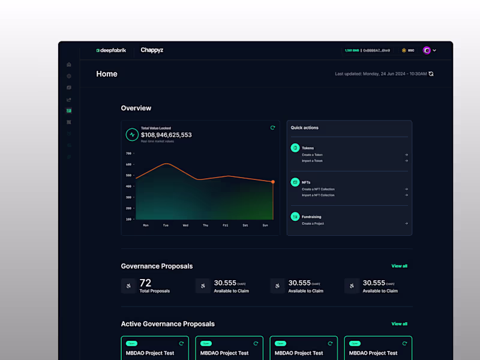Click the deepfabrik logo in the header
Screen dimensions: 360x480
pyautogui.click(x=111, y=50)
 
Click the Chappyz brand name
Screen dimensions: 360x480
pyautogui.click(x=152, y=50)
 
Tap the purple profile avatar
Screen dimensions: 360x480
pyautogui.click(x=427, y=50)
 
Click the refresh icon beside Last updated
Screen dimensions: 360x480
pyautogui.click(x=431, y=74)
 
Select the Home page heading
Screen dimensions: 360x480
pyautogui.click(x=107, y=74)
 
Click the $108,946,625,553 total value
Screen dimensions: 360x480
pyautogui.click(x=166, y=135)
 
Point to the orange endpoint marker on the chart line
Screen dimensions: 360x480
pyautogui.click(x=273, y=182)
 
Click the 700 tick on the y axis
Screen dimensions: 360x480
pyautogui.click(x=128, y=154)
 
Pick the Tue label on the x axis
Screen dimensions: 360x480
pyautogui.click(x=166, y=226)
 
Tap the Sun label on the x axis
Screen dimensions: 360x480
pyautogui.click(x=265, y=226)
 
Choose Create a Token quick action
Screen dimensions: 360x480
pyautogui.click(x=312, y=155)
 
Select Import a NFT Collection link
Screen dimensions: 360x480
pyautogui.click(x=318, y=195)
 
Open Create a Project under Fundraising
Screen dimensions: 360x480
pyautogui.click(x=313, y=223)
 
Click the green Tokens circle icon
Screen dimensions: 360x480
pyautogui.click(x=295, y=148)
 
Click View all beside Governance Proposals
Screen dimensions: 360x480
pyautogui.click(x=399, y=266)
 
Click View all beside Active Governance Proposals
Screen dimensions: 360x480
pyautogui.click(x=399, y=324)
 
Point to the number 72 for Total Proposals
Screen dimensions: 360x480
pyautogui.click(x=145, y=283)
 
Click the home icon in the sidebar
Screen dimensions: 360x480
pyautogui.click(x=69, y=65)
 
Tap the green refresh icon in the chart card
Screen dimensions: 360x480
pyautogui.click(x=272, y=128)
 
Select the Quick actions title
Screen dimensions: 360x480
pyautogui.click(x=305, y=128)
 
